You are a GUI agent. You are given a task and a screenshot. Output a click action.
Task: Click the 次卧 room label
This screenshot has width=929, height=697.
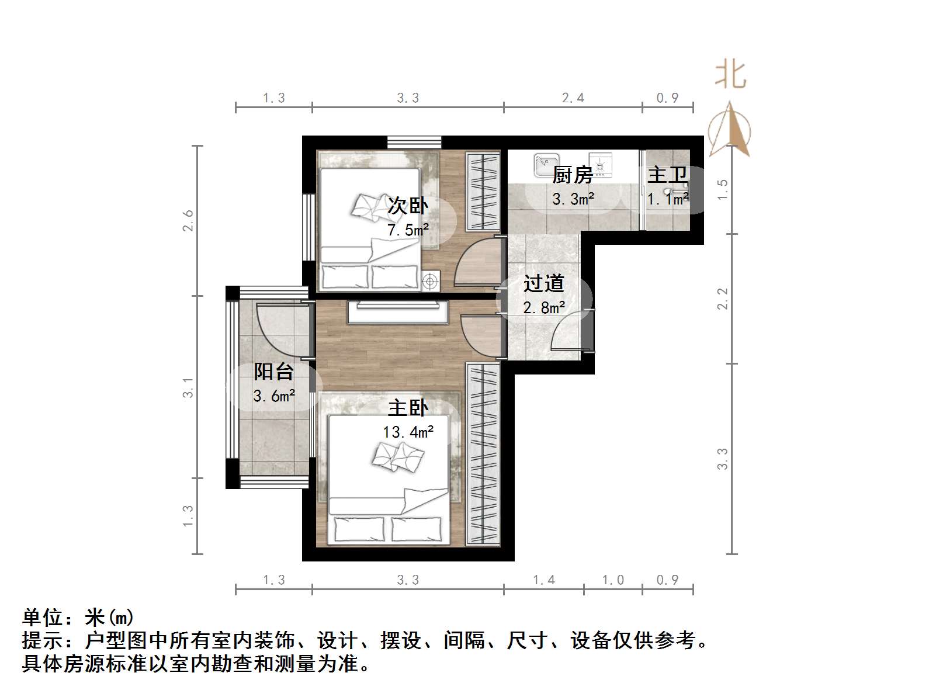pos(408,206)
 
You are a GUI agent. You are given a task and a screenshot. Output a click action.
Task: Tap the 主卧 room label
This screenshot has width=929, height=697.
pos(408,408)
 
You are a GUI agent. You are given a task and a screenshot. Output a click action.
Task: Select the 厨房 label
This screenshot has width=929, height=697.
pos(573,175)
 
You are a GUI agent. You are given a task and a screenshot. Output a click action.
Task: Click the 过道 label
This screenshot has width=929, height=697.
pos(543,284)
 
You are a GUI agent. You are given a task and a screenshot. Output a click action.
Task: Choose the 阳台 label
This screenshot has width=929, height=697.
pos(273,372)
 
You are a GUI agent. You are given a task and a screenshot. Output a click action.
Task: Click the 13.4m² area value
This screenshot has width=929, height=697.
pos(408,432)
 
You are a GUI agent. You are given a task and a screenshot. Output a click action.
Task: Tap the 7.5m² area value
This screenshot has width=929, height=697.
pos(408,230)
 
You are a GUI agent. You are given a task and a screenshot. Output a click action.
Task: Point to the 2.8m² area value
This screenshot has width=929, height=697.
pos(543,308)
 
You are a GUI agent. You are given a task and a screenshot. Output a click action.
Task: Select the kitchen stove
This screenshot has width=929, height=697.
pos(600,165)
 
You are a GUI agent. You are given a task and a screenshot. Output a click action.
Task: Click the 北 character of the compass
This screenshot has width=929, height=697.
pos(730,75)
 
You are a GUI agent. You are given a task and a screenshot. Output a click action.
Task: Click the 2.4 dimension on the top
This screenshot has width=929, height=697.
pos(573,98)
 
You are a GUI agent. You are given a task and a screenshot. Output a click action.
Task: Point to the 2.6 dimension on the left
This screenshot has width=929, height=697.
pos(188,221)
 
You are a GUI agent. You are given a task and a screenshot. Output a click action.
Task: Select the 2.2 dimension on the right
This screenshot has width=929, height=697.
pos(723,299)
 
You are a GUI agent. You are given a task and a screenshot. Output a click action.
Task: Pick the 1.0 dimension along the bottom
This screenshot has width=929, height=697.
pos(613,580)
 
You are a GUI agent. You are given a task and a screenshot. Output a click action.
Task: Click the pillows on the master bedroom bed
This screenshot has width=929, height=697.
pos(398,456)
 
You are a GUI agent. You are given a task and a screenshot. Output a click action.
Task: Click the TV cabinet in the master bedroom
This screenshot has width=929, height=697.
pos(397,312)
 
